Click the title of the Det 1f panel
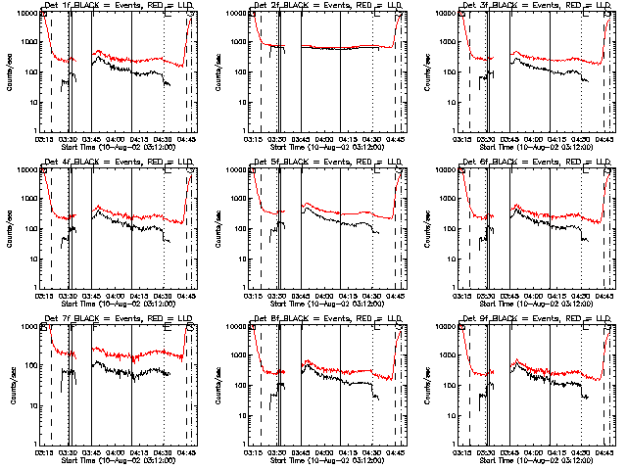[x=118, y=7]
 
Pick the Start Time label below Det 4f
[x=118, y=303]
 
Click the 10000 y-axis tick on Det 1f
[x=28, y=13]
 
